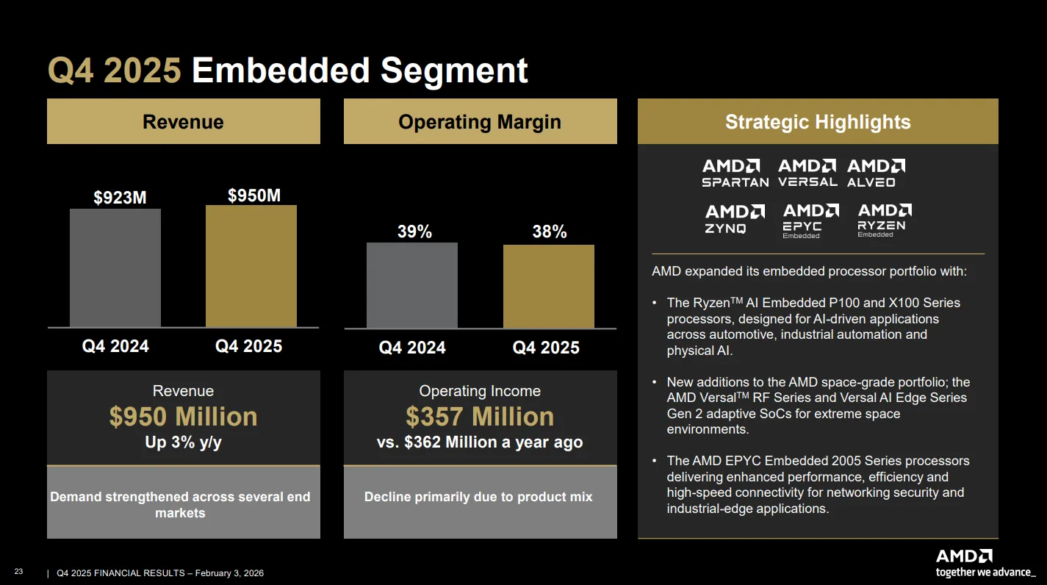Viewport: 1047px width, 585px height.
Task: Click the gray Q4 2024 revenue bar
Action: point(115,268)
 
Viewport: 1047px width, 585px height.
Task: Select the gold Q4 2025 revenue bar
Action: point(251,265)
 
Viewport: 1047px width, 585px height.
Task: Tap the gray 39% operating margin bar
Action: point(411,285)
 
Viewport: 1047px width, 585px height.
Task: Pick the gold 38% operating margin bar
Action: point(549,286)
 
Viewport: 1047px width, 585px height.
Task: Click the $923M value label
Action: point(120,198)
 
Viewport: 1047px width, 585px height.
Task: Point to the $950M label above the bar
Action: point(253,195)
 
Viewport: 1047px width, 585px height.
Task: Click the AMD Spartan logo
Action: point(735,173)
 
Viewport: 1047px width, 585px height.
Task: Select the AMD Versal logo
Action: point(807,173)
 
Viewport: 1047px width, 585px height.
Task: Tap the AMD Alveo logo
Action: point(876,173)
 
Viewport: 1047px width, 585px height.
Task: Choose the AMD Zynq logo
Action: point(735,218)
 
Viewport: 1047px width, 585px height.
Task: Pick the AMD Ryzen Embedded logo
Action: point(885,220)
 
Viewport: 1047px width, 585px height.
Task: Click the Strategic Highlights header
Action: point(818,121)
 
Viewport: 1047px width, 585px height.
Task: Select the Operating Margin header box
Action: point(480,121)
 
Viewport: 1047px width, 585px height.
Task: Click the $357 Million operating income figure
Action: point(480,416)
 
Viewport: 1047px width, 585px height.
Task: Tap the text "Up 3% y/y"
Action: point(183,442)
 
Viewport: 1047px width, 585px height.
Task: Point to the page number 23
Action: point(18,572)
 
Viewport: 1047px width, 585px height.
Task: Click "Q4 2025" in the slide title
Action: point(115,71)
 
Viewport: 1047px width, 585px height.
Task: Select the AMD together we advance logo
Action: point(985,564)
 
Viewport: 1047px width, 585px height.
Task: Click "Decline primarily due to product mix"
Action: point(478,497)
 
